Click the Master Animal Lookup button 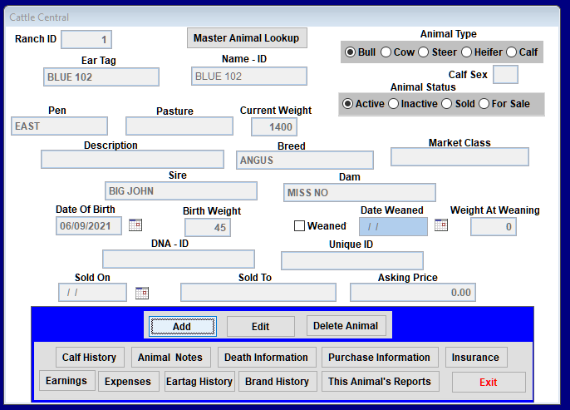click(x=247, y=37)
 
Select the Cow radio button click(x=386, y=52)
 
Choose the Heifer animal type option click(x=466, y=52)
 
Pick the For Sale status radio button click(x=484, y=104)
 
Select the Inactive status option click(x=393, y=104)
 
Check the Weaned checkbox click(x=299, y=226)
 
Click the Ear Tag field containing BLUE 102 click(x=101, y=77)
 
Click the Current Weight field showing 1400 click(x=273, y=127)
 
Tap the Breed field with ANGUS click(x=305, y=160)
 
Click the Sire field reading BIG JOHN click(x=181, y=191)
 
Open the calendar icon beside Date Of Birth click(x=135, y=225)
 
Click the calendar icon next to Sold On click(x=142, y=293)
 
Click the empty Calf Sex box click(x=505, y=75)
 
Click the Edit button click(x=261, y=326)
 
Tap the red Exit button click(x=489, y=382)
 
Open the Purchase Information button click(x=380, y=358)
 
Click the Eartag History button click(x=199, y=381)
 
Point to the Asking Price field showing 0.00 click(x=413, y=293)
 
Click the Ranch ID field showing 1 click(x=86, y=39)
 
